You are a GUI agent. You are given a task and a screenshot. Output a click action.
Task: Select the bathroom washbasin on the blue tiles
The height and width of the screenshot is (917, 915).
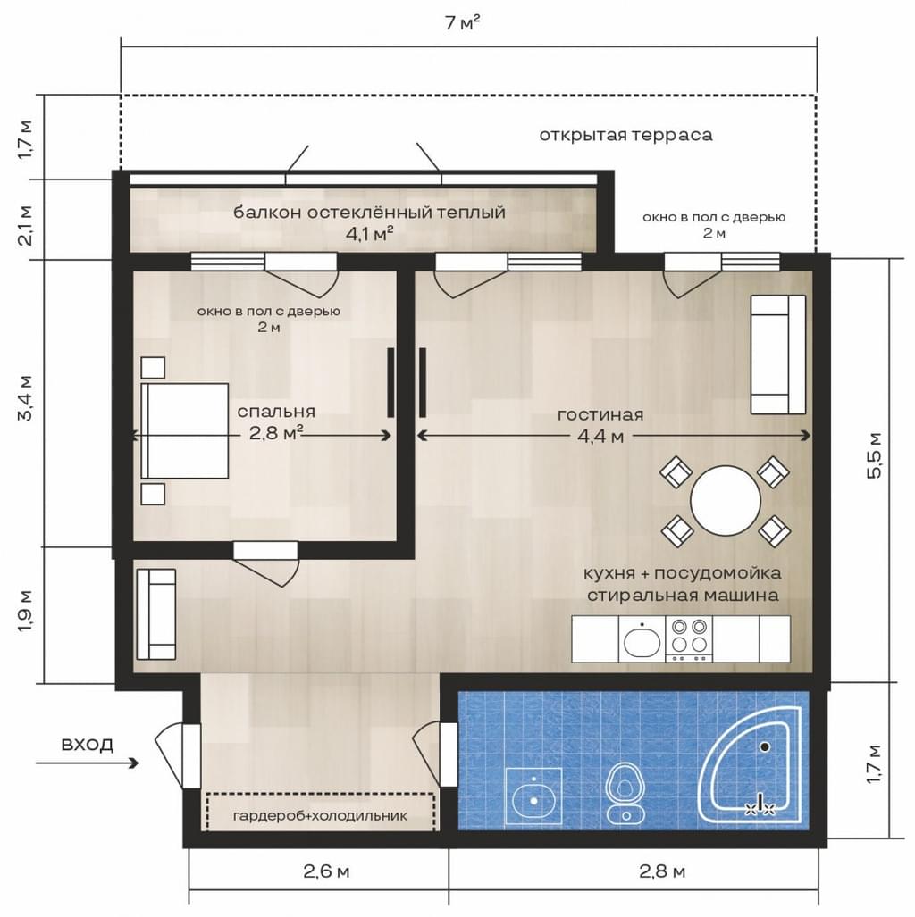[x=533, y=796]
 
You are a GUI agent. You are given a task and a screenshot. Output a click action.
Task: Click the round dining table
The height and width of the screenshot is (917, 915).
[x=726, y=500]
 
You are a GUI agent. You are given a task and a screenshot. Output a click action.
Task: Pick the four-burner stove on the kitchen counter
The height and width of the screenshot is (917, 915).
[x=689, y=638]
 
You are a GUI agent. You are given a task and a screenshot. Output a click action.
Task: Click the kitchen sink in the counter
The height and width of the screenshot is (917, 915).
[x=642, y=638]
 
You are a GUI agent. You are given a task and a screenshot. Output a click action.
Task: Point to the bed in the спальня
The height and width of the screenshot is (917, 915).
[x=184, y=431]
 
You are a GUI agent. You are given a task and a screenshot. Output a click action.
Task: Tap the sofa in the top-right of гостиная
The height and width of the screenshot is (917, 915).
[x=778, y=354]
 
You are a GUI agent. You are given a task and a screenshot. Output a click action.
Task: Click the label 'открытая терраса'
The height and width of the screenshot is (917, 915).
[x=625, y=135]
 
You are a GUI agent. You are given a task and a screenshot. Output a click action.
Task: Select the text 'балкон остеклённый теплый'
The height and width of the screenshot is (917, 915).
[x=369, y=212]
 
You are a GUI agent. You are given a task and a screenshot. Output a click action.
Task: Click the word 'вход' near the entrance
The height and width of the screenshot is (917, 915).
[x=88, y=745]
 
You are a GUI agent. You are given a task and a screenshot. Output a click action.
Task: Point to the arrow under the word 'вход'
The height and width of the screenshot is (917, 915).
[x=88, y=763]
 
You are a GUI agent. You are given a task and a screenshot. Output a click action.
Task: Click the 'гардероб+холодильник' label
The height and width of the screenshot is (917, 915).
[x=320, y=815]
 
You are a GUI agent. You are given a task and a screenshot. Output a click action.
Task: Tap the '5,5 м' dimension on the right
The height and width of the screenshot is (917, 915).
[x=875, y=455]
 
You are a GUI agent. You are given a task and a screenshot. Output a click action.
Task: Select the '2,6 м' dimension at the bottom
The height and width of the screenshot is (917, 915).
[x=326, y=871]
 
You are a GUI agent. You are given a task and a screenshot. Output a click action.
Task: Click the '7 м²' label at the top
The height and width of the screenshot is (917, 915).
[x=463, y=23]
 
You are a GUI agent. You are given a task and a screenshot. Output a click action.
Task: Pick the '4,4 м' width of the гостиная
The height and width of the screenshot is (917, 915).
[x=600, y=437]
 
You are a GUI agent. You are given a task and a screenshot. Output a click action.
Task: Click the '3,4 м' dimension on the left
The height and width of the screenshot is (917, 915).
[x=26, y=398]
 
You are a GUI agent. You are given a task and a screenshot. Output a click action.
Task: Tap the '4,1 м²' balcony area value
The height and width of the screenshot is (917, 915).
[x=369, y=234]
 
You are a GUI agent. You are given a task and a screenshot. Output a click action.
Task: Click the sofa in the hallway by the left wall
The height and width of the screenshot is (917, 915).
[x=156, y=614]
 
